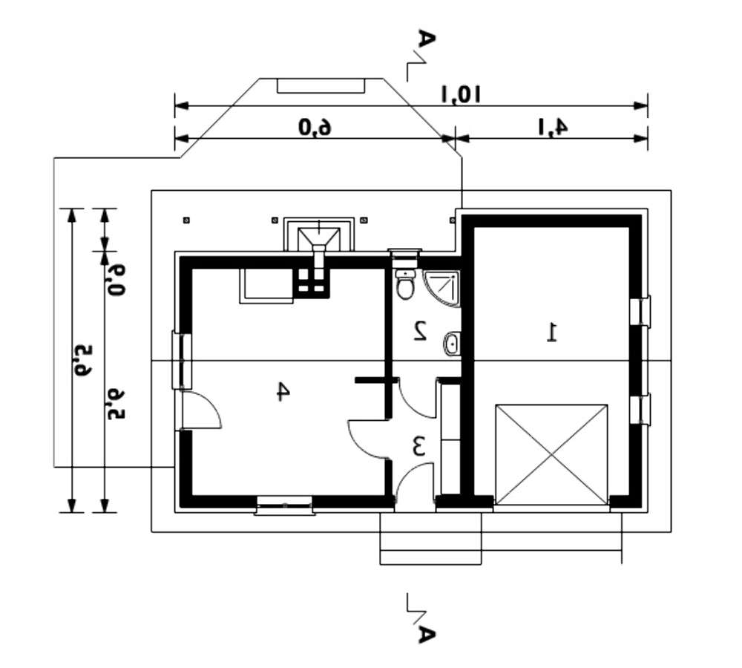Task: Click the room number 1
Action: (551, 332)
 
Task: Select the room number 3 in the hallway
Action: (418, 447)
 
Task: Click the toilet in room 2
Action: (405, 284)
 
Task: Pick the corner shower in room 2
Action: (443, 287)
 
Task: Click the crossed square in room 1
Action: (551, 455)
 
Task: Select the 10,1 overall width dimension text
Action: (462, 94)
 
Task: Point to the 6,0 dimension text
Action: (315, 127)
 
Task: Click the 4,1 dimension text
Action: (553, 127)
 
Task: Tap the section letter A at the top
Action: (424, 39)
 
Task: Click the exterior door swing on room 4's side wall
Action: (202, 410)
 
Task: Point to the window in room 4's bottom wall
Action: (284, 505)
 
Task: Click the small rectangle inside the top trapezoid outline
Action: (321, 85)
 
